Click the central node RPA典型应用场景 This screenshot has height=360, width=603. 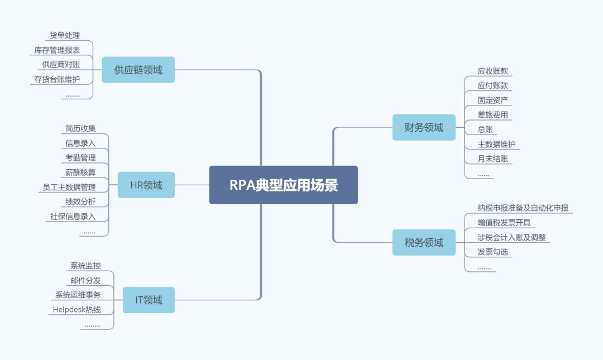pyautogui.click(x=284, y=185)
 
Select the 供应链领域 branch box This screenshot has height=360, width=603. pyautogui.click(x=138, y=70)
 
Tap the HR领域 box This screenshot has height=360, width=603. pyautogui.click(x=146, y=185)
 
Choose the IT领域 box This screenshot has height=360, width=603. pyautogui.click(x=149, y=300)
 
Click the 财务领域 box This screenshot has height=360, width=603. pyautogui.click(x=424, y=127)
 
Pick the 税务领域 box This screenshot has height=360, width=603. pyautogui.click(x=424, y=242)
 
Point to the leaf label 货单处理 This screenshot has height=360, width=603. pyautogui.click(x=65, y=36)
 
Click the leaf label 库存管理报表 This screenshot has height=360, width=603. pyautogui.click(x=57, y=50)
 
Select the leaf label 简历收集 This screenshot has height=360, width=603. pyautogui.click(x=80, y=128)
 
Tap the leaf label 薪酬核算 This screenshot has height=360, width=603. pyautogui.click(x=80, y=172)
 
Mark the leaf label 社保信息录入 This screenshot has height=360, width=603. pyautogui.click(x=73, y=216)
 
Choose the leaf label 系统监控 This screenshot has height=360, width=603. pyautogui.click(x=85, y=266)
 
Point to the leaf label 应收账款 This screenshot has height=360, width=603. pyautogui.click(x=492, y=71)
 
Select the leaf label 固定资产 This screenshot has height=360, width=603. pyautogui.click(x=492, y=100)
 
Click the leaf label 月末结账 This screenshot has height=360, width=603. pyautogui.click(x=492, y=159)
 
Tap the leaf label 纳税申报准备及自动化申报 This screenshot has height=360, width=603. pyautogui.click(x=523, y=208)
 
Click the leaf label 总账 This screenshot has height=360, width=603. pyautogui.click(x=485, y=129)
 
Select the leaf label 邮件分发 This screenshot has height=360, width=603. pyautogui.click(x=85, y=280)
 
